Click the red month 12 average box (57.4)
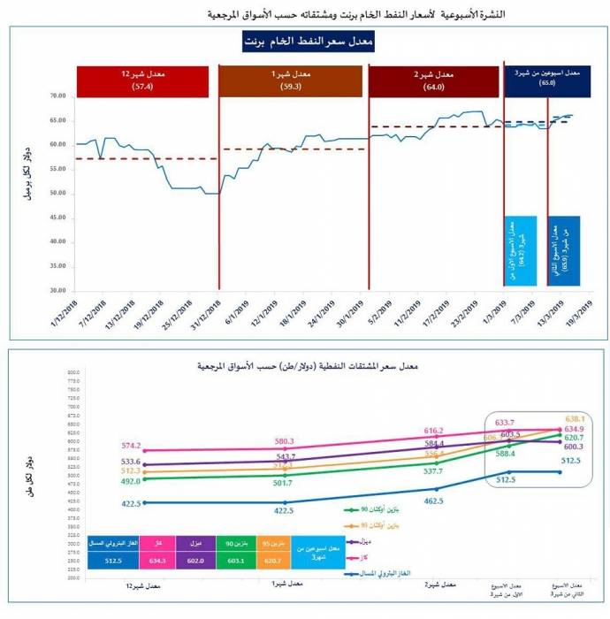(142, 81)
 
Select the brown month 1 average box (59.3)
(291, 81)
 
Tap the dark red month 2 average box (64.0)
(432, 81)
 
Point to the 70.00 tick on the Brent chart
(58, 96)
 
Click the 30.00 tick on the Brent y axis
(58, 290)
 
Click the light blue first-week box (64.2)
(521, 251)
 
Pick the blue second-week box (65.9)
(563, 251)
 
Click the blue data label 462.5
(434, 501)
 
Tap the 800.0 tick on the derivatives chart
(74, 374)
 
